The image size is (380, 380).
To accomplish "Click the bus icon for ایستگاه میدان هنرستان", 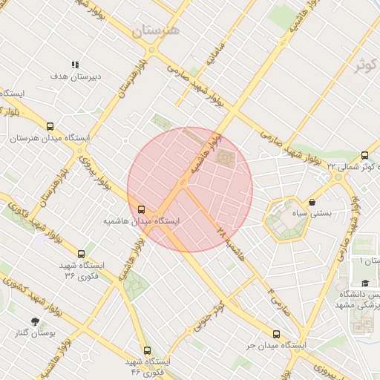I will (x=50, y=127).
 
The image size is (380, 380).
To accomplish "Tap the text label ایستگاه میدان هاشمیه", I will (x=142, y=221).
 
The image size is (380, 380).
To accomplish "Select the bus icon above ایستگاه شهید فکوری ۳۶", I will (x=81, y=254).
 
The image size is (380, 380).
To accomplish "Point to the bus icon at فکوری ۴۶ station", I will (x=147, y=350).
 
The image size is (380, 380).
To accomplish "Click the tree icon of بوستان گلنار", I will (x=35, y=321).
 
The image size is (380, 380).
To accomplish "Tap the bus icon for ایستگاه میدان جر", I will (x=277, y=335).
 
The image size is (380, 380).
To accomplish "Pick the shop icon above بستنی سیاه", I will (x=312, y=202).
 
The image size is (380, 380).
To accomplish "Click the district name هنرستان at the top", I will (x=156, y=31).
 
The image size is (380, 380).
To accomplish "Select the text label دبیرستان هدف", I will (x=70, y=76).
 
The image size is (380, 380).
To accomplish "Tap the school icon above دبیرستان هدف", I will (x=74, y=65).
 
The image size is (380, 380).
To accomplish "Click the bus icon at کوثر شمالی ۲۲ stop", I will (x=364, y=155).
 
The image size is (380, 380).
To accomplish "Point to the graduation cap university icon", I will (x=365, y=284).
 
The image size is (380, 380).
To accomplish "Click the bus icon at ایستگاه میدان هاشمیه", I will (x=142, y=209).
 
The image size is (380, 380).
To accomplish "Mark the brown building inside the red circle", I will (x=224, y=158).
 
